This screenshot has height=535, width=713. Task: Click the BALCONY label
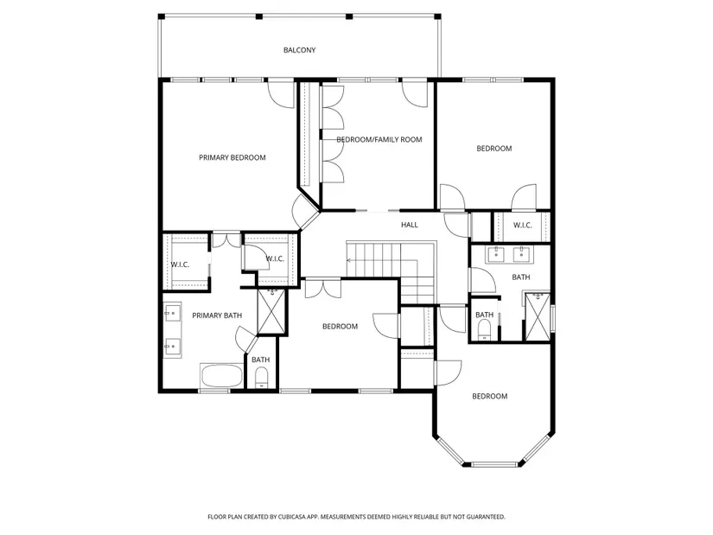coord(299,50)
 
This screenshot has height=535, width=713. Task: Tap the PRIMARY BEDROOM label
coord(232,158)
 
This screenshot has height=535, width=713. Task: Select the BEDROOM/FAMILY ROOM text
coord(379,140)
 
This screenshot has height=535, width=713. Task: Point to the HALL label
coord(410,225)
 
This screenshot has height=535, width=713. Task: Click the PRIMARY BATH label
coord(217,315)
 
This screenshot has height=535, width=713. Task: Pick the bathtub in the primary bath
coord(221,376)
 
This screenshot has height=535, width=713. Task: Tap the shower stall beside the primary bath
coord(271,312)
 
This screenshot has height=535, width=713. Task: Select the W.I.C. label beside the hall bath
coord(523,226)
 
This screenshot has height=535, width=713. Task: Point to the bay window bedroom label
coord(490,396)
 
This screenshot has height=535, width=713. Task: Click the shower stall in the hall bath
coord(538,316)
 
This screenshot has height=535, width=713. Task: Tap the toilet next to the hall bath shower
coord(485,330)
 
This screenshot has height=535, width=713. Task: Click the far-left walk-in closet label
coord(180,264)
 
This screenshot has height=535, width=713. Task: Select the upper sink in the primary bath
coord(172,313)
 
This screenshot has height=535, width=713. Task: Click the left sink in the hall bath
coord(496,254)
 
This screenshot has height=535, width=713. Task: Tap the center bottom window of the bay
coord(494,464)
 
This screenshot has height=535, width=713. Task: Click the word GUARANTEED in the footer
coord(487,517)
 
